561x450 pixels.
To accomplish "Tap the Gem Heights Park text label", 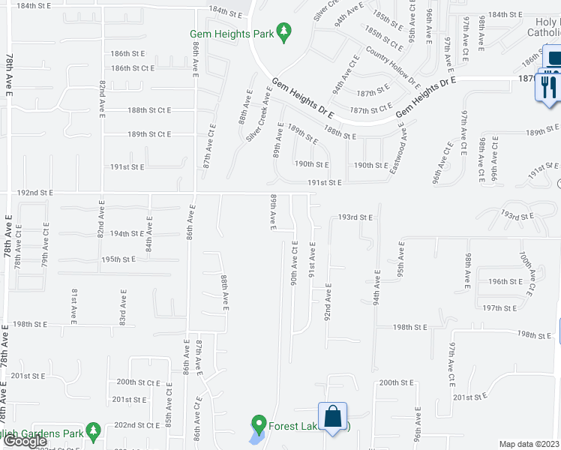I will (x=232, y=34).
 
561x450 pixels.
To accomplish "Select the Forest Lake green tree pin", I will (x=259, y=424).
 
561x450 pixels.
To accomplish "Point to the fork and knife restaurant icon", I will (x=546, y=86).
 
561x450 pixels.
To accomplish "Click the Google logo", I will (x=25, y=442).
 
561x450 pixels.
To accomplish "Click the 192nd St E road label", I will (x=36, y=193).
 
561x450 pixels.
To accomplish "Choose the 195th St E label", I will (x=118, y=259).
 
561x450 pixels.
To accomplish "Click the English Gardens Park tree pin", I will (x=93, y=431).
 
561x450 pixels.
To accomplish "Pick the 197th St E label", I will (x=499, y=308).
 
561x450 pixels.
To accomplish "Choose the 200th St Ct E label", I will (x=137, y=382).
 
